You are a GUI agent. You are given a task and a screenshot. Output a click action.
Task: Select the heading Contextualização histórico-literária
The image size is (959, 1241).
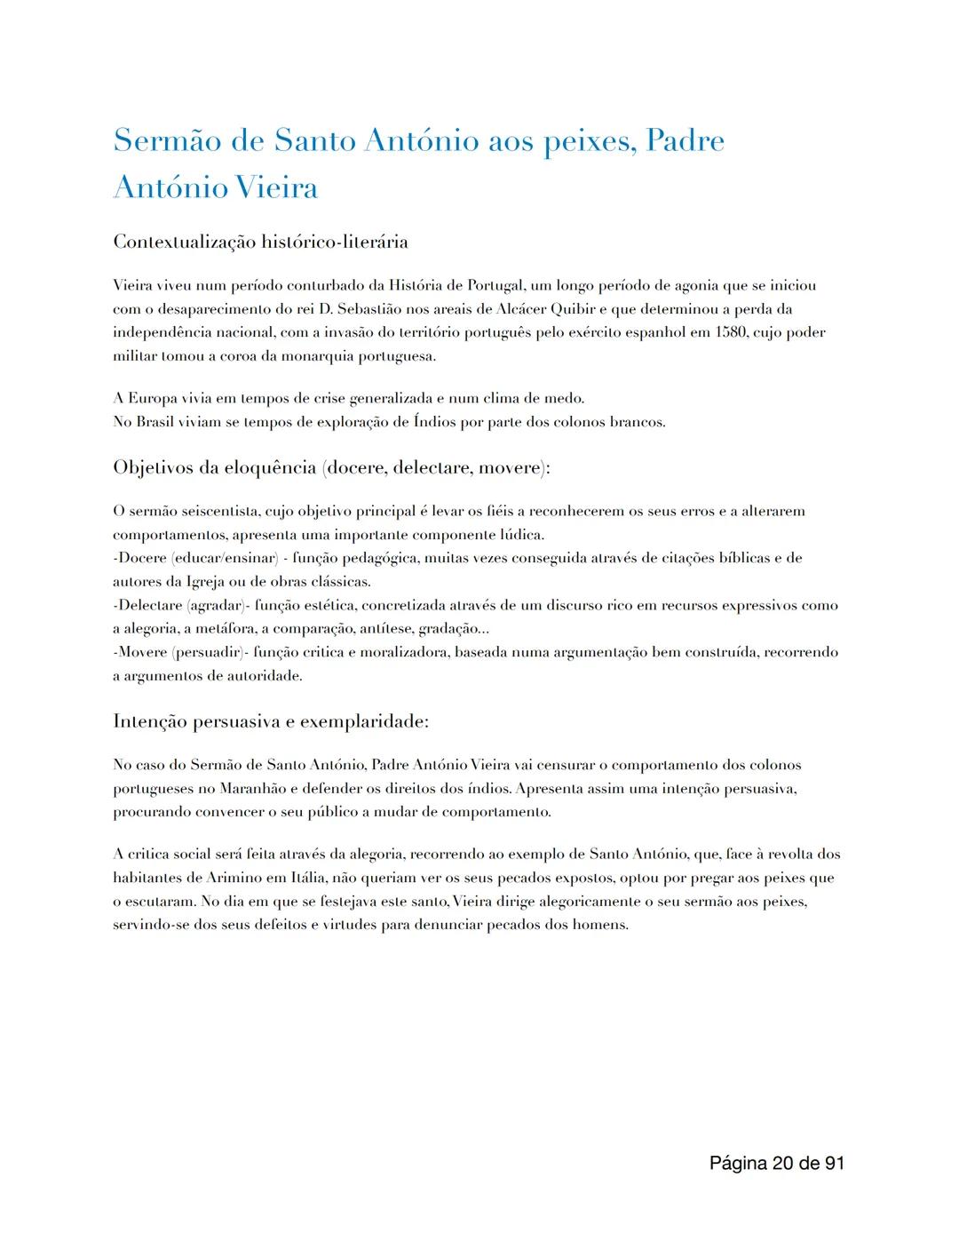pyautogui.click(x=260, y=241)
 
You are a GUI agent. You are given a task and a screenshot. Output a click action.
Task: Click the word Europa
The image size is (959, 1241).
pyautogui.click(x=156, y=398)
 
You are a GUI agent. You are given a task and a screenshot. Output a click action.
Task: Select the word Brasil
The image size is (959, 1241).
pyautogui.click(x=155, y=421)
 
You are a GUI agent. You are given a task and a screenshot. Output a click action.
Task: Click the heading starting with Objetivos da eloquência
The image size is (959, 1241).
pyautogui.click(x=331, y=467)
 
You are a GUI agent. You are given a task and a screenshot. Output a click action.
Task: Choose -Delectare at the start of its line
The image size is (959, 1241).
pyautogui.click(x=147, y=605)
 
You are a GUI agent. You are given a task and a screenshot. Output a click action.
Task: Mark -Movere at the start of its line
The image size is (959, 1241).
pyautogui.click(x=140, y=652)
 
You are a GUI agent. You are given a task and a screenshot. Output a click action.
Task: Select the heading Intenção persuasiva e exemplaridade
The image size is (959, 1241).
pyautogui.click(x=271, y=721)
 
